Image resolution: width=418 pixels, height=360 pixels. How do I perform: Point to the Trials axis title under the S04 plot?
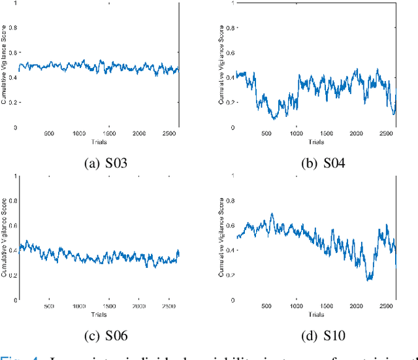tap(316, 142)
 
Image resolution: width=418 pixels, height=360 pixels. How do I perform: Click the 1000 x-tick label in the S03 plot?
tap(78, 133)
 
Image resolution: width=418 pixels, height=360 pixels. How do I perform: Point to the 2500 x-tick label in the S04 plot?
tap(385, 133)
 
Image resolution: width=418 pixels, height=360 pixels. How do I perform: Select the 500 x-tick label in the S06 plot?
tap(49, 306)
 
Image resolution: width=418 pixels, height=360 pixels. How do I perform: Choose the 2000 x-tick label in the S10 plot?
tap(355, 306)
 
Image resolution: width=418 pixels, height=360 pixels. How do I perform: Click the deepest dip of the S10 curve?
tap(369, 279)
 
